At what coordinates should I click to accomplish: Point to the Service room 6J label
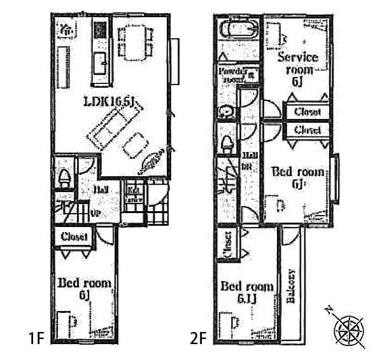(297, 68)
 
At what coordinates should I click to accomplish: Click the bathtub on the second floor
(237, 31)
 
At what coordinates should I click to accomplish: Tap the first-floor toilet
(64, 177)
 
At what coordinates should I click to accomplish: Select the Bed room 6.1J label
(247, 292)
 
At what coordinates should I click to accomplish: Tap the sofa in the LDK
(111, 125)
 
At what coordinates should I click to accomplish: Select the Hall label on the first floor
(101, 190)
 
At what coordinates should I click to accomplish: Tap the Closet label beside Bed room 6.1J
(228, 244)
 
